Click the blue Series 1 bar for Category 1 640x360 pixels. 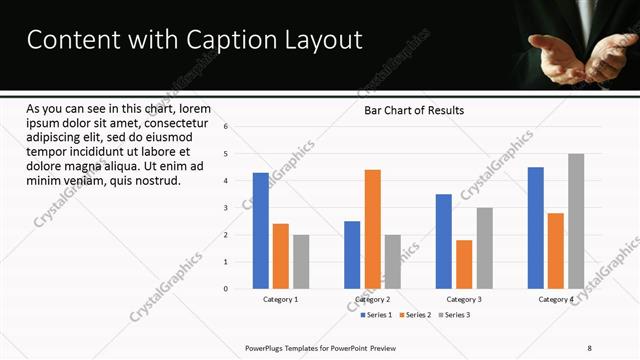[260, 230]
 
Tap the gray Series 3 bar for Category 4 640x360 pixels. [576, 221]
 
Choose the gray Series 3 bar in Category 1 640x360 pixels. [301, 261]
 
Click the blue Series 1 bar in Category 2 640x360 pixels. [352, 254]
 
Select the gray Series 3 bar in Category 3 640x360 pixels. [484, 248]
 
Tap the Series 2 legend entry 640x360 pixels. [416, 315]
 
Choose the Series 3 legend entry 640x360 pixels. [456, 315]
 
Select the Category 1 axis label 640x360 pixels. [281, 299]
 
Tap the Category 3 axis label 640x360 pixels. [463, 299]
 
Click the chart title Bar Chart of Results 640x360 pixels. [413, 110]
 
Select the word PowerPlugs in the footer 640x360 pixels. [267, 348]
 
